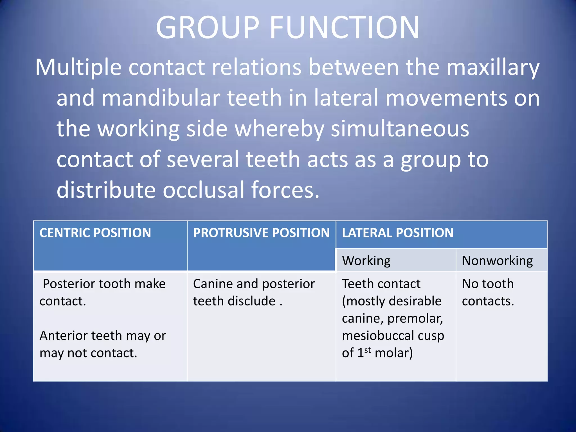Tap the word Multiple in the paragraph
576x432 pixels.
click(78, 67)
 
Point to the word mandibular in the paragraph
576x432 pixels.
click(161, 98)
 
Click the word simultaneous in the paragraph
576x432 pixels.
click(400, 129)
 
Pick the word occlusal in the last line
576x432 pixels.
click(204, 190)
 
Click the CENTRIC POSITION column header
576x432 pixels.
click(95, 233)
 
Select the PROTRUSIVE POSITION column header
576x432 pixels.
click(261, 233)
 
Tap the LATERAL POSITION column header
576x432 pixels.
click(397, 233)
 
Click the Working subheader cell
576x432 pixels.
click(366, 261)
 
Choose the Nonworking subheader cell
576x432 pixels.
click(497, 261)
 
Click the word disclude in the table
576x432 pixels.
click(251, 301)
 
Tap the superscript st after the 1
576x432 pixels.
click(367, 350)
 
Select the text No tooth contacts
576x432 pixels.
click(488, 292)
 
